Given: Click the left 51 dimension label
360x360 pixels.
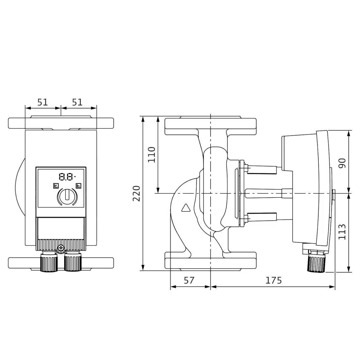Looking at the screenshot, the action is click(43, 102).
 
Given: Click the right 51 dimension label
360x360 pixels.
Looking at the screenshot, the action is click(77, 102).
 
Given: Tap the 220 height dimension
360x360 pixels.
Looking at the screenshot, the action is click(136, 193).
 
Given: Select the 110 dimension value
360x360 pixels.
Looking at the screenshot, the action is click(152, 154).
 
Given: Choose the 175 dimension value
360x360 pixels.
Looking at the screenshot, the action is click(274, 280).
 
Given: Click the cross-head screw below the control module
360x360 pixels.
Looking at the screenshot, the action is click(61, 248).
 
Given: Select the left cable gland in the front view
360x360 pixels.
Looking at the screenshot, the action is click(49, 262).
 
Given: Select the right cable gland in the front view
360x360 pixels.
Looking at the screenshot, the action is click(73, 262).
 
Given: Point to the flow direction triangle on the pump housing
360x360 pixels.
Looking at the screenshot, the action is click(186, 207).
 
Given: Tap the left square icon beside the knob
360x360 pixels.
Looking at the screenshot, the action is click(56, 186).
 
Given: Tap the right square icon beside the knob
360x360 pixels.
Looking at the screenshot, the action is click(79, 186).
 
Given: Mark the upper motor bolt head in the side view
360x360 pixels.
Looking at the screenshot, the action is click(246, 168).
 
